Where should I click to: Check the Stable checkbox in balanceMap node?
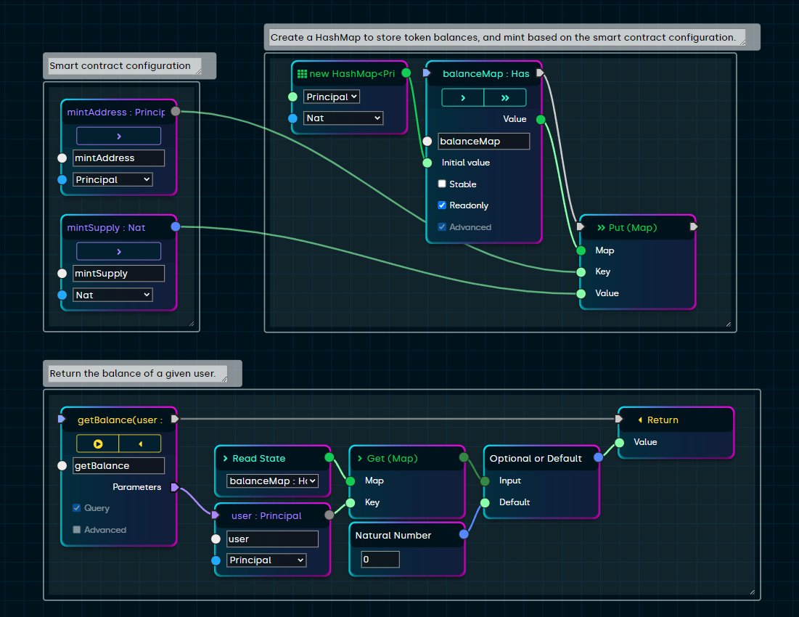442,184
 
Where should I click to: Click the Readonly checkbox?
442,205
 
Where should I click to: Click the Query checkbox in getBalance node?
77,508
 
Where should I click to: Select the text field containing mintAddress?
118,158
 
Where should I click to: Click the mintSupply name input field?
118,274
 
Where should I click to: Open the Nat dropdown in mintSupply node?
112,295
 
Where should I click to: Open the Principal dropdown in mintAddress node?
112,179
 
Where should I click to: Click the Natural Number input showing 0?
380,560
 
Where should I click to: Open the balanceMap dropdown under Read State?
273,481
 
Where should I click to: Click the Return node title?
663,420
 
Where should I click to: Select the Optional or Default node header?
536,458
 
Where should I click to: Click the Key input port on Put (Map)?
581,272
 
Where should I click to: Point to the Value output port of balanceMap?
540,119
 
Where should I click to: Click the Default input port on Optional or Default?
485,502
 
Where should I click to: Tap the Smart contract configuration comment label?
120,66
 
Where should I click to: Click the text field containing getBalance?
118,466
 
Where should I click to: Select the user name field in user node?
272,539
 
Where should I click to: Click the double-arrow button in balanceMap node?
505,97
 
